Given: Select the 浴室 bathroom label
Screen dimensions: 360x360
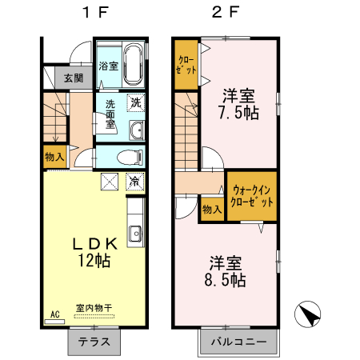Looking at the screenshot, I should pos(108,66).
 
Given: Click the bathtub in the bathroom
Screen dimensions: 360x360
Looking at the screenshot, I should pos(134,65).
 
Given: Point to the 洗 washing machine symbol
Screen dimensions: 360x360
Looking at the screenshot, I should pos(136,102).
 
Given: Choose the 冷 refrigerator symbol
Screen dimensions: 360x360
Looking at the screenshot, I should pos(135,181).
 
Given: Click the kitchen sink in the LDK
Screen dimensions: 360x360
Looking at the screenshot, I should pos(134,234).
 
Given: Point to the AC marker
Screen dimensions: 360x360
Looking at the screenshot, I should pos(55,314).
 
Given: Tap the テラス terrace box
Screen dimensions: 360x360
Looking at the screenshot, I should pos(94,342).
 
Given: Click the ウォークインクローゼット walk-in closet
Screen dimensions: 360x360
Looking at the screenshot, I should pos(252,196).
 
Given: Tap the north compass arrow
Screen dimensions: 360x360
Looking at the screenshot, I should pos(310,314).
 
